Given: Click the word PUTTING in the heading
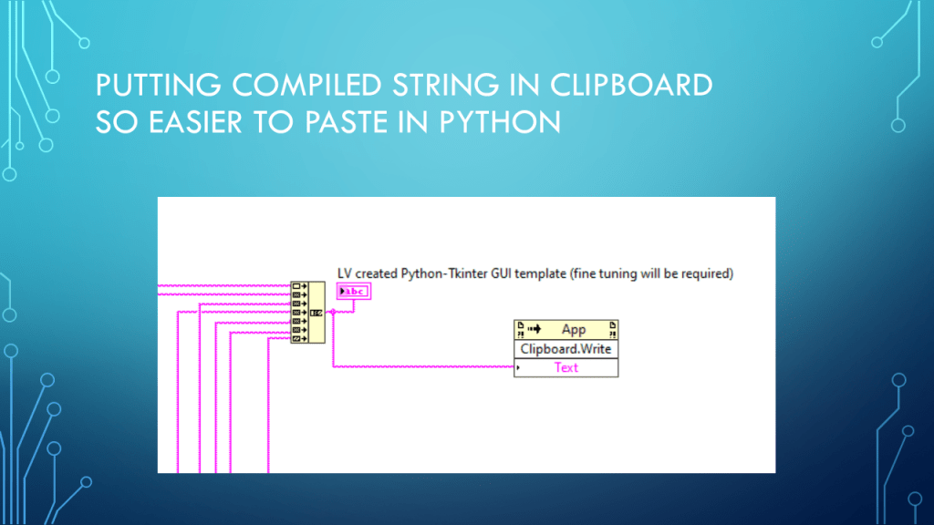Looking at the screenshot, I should point(154,87).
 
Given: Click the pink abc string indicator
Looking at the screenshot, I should point(353,292).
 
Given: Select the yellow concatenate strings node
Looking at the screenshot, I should point(307,313).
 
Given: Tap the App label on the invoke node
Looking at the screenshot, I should point(574,330).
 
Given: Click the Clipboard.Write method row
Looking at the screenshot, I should point(566,349).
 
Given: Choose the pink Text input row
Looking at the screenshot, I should point(566,367).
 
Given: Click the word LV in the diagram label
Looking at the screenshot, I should point(345,273).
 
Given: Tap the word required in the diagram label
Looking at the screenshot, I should point(709,273).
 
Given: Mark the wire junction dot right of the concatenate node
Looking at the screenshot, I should point(334,313).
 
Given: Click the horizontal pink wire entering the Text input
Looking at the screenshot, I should point(420,367).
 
